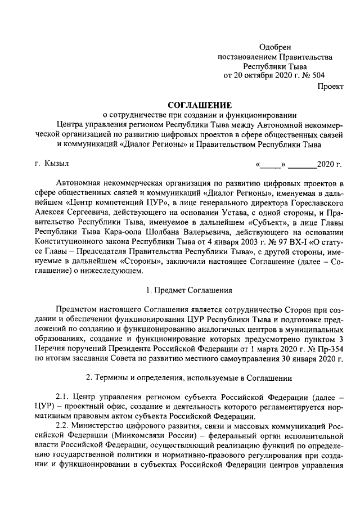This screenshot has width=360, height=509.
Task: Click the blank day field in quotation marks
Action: pos(272,165)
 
